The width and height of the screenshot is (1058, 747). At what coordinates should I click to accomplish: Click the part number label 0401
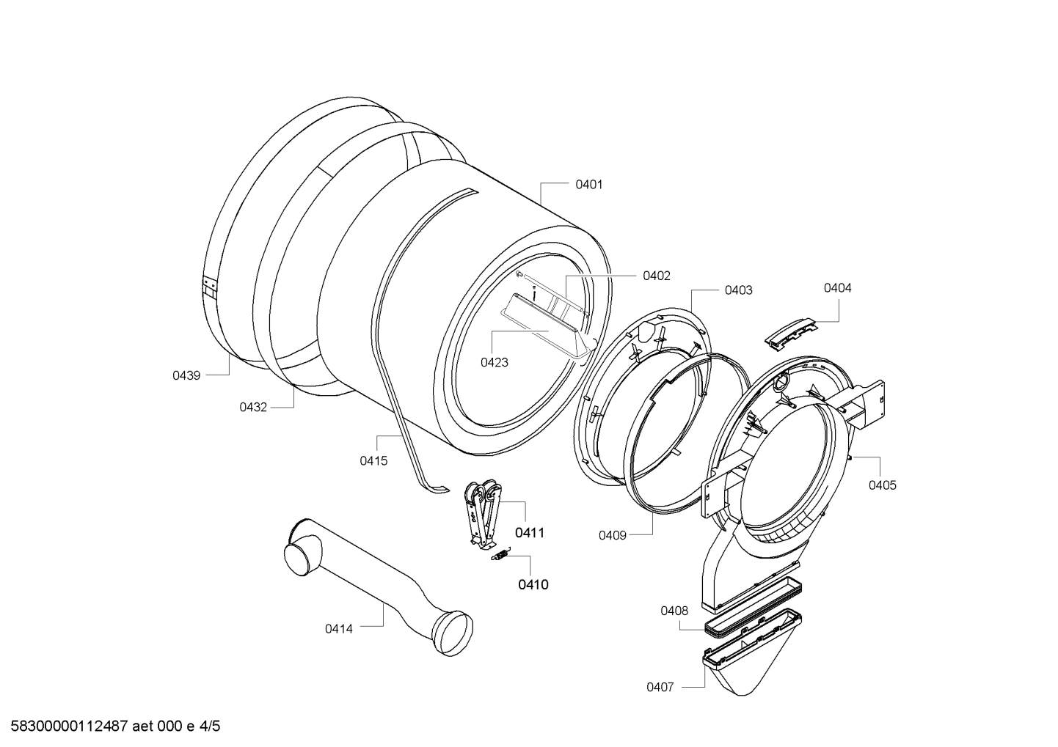(x=588, y=185)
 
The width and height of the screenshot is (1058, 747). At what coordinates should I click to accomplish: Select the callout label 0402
(x=656, y=276)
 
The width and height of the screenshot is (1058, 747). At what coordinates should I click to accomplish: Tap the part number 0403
(x=738, y=290)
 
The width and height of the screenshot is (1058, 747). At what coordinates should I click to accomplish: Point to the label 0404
(x=837, y=288)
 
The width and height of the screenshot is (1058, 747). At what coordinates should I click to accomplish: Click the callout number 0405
(x=882, y=485)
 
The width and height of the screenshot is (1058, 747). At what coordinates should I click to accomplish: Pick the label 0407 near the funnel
(x=660, y=687)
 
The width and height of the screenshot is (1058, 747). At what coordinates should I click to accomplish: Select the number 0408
(x=674, y=611)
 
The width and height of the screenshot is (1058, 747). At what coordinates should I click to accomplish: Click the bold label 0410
(x=533, y=584)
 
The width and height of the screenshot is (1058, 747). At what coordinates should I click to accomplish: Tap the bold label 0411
(x=529, y=533)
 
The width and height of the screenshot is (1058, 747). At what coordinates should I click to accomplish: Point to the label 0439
(x=186, y=375)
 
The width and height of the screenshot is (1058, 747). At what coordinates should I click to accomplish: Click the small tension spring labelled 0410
(x=499, y=556)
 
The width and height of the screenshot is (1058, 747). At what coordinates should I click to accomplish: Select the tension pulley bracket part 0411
(x=481, y=513)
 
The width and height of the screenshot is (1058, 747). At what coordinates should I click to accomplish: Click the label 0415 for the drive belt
(x=373, y=460)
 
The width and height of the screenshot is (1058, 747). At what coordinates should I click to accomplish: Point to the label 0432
(x=253, y=407)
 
